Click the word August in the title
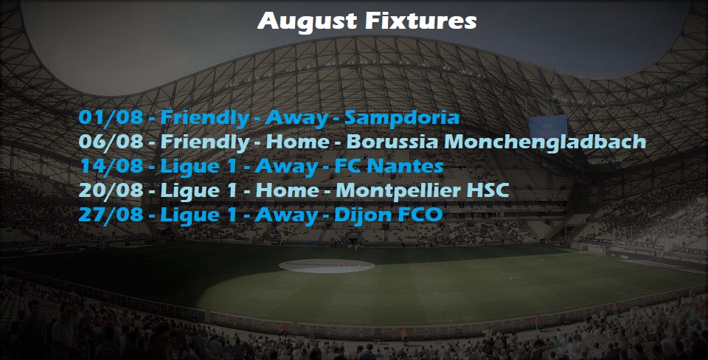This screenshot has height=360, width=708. [x=305, y=21]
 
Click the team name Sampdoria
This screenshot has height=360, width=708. [x=402, y=118]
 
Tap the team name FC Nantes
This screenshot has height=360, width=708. [x=389, y=166]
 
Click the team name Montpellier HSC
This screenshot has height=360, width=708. [x=422, y=190]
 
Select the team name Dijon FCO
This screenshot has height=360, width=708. [x=389, y=215]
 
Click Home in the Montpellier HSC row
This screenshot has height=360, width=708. [x=288, y=190]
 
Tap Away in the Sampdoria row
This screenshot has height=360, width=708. [x=296, y=118]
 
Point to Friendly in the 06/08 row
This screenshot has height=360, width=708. [x=204, y=142]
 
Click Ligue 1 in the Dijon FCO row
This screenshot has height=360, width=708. [x=198, y=215]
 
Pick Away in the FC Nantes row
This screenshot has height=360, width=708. [x=286, y=167]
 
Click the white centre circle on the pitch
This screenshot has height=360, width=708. [x=327, y=266]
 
